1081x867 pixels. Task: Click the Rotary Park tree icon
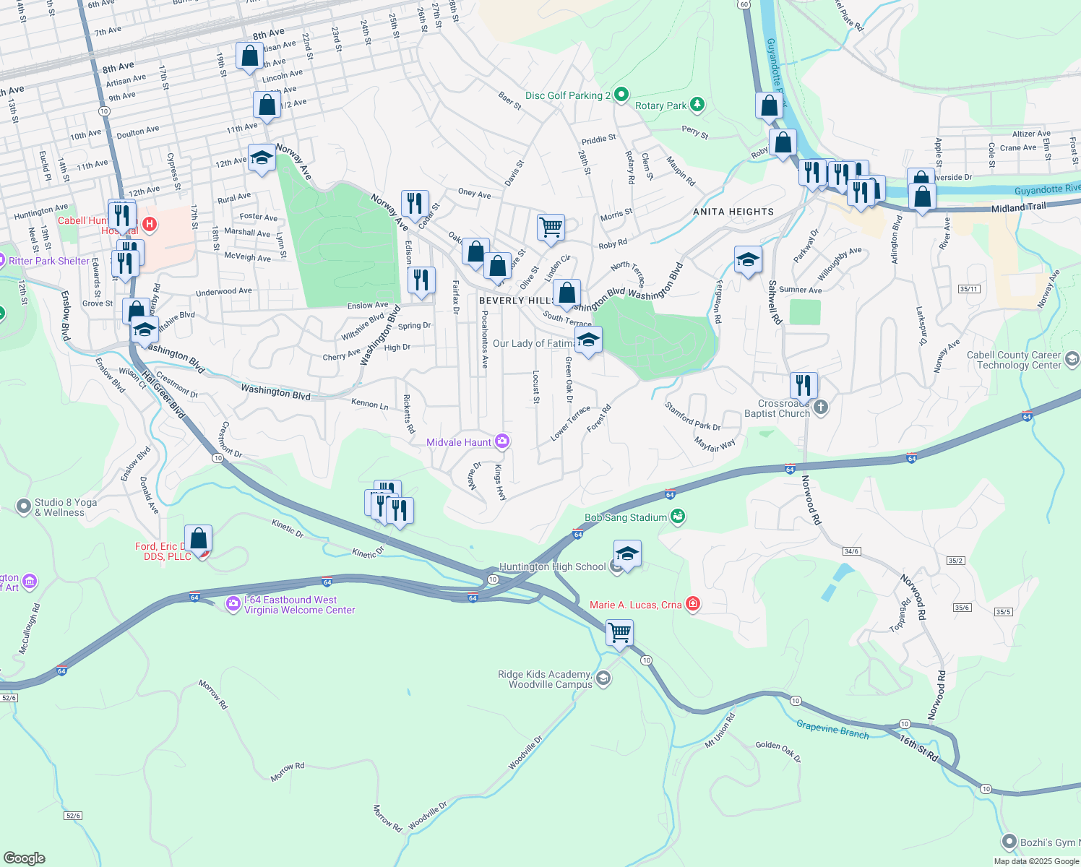coord(697,105)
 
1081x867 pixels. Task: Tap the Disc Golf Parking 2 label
coord(568,95)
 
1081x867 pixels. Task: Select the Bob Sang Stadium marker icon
coord(678,517)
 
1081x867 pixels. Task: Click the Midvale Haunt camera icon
coord(502,441)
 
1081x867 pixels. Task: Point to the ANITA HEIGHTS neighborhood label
coord(733,212)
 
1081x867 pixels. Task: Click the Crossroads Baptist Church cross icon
coord(820,407)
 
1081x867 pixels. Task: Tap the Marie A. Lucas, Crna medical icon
coord(693,604)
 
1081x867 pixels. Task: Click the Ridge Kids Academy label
coord(545,679)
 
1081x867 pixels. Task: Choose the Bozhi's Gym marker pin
coord(1009,842)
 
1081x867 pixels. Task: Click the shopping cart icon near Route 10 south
coord(620,633)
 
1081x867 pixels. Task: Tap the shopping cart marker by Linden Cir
coord(551,228)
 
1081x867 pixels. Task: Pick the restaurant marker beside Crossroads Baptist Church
coord(804,386)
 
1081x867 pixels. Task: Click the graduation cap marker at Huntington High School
coord(626,554)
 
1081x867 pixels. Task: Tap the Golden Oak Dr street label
coord(778,751)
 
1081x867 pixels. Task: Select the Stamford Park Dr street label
coord(692,417)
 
